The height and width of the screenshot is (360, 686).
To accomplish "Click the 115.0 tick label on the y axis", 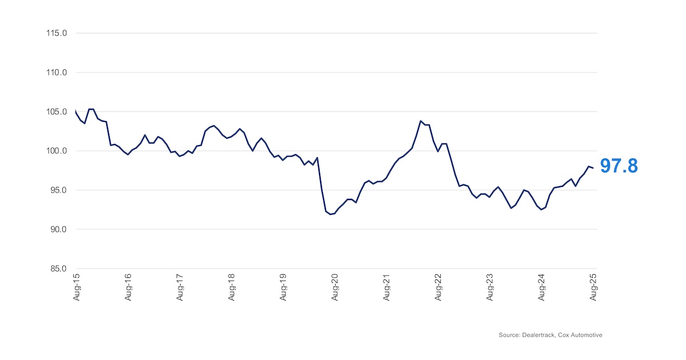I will (x=57, y=33).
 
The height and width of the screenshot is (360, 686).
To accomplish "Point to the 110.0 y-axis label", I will (x=57, y=73).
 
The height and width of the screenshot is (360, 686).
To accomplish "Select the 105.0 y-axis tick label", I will (x=57, y=111).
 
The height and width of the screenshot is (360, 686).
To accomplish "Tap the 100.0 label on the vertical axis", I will (x=57, y=151).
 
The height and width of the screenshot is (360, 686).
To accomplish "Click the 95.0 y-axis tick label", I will (x=58, y=190).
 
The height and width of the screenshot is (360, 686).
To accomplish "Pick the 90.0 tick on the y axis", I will (x=58, y=229).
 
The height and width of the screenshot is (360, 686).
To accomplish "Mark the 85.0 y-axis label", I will (x=58, y=269).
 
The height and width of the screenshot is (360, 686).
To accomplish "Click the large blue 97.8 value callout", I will (x=619, y=166).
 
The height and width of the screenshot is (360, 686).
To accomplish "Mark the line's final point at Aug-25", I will (x=593, y=168).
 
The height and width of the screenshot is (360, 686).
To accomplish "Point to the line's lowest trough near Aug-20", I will (x=330, y=214).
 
